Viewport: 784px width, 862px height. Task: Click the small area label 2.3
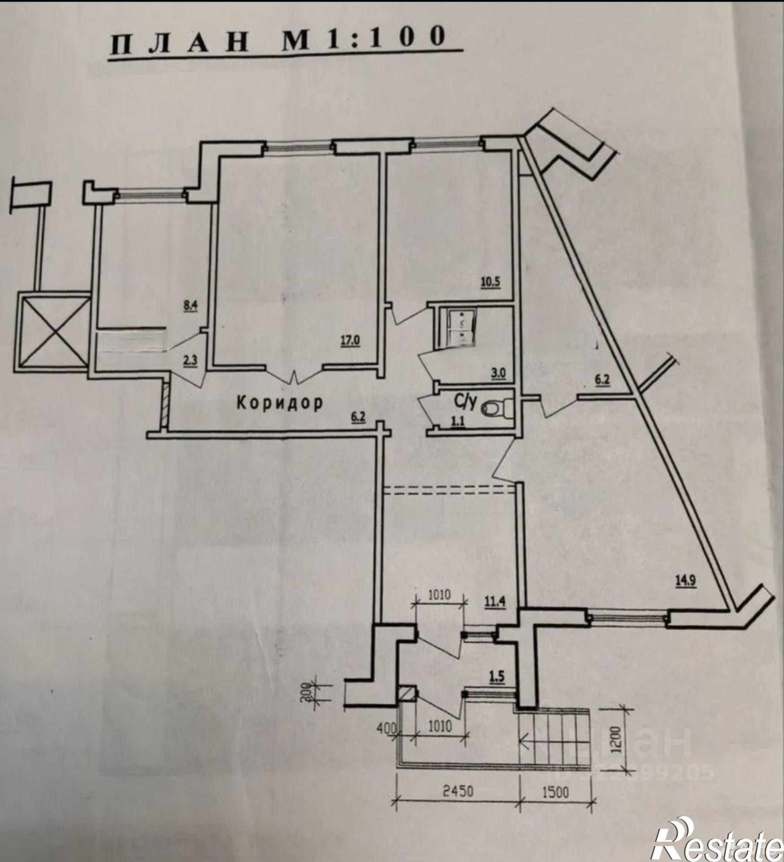click(190, 359)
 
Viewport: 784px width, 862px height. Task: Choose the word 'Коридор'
click(280, 403)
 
